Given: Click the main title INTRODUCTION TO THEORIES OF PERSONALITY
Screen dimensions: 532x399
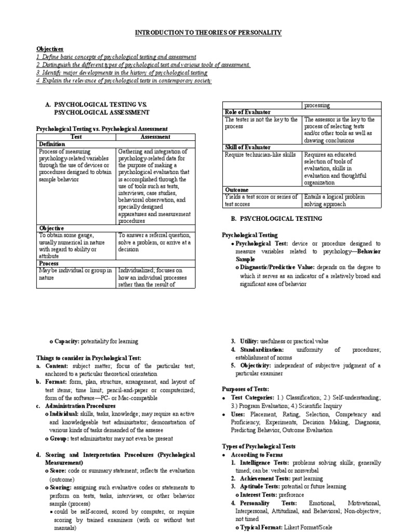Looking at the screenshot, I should click(x=208, y=33).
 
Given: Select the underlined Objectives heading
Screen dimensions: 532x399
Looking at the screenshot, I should click(x=49, y=48).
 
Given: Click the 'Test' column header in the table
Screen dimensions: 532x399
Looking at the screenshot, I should click(x=76, y=137).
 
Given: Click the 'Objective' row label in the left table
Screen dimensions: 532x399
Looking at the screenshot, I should click(x=51, y=228).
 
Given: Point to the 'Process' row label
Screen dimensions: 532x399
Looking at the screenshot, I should click(x=50, y=263).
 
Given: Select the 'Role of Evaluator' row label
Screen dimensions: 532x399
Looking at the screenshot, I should click(x=247, y=112).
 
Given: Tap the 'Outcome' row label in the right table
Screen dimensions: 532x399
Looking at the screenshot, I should click(x=236, y=190).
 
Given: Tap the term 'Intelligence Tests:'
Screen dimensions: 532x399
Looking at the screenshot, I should click(x=264, y=462).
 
